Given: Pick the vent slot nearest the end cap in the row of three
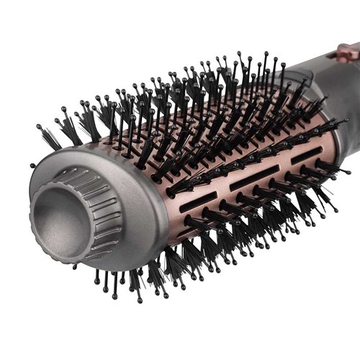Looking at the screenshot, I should point(197,201).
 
